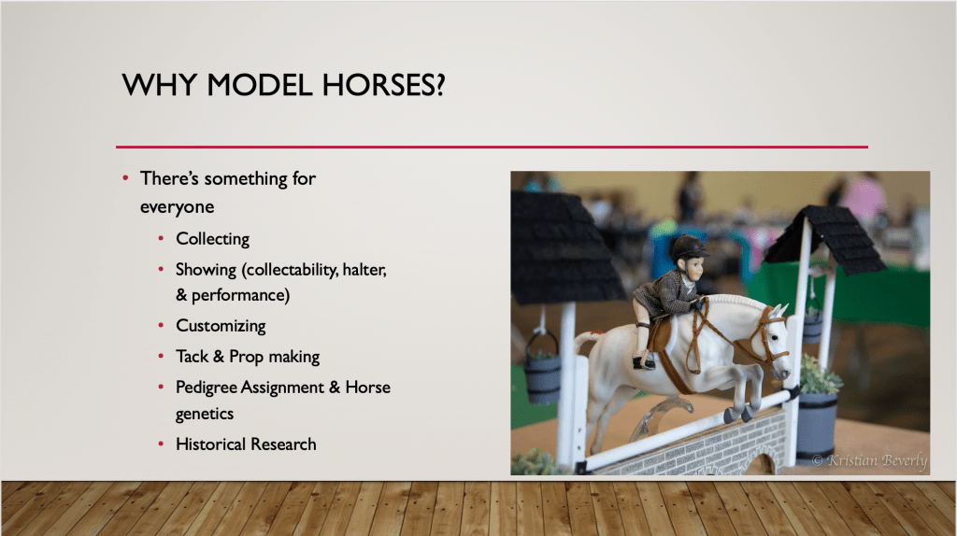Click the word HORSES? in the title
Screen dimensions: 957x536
pos(383,85)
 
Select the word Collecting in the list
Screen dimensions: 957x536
pos(212,239)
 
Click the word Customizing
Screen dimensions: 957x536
pos(221,326)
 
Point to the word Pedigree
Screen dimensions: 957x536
pos(206,388)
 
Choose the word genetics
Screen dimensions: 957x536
pos(205,414)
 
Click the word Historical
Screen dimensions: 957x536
pos(211,444)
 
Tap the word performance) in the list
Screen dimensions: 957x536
pos(240,296)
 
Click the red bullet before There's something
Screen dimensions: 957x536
pos(125,178)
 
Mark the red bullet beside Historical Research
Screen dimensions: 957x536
pos(161,444)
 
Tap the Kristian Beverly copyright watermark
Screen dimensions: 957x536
pos(870,460)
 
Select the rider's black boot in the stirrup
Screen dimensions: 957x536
pos(645,362)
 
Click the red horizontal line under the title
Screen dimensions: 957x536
pos(492,147)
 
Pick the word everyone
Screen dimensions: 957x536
pos(177,207)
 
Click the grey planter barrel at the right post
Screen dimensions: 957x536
pos(817,425)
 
